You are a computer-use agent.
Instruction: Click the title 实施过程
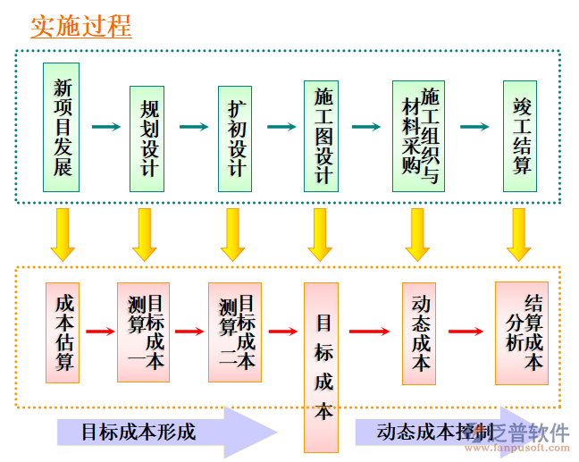click(x=81, y=26)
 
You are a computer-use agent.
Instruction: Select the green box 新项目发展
click(x=62, y=127)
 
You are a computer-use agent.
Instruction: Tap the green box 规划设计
click(x=147, y=139)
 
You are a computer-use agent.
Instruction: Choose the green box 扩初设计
click(x=236, y=139)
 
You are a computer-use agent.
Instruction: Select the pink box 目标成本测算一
click(x=142, y=332)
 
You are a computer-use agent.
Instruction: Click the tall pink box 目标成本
click(x=322, y=367)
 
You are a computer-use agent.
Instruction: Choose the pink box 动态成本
click(x=420, y=332)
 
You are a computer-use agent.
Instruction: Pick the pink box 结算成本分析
click(x=521, y=332)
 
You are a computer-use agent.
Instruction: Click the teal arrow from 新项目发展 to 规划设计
click(x=105, y=127)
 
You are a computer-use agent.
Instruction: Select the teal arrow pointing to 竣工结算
click(x=474, y=127)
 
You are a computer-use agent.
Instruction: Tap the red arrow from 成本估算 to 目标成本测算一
click(x=99, y=332)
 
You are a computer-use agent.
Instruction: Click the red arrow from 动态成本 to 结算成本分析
click(x=466, y=332)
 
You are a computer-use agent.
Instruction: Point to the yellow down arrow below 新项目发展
click(x=63, y=233)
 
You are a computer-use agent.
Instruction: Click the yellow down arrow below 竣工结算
click(x=519, y=233)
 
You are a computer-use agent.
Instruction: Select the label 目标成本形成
click(x=138, y=433)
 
